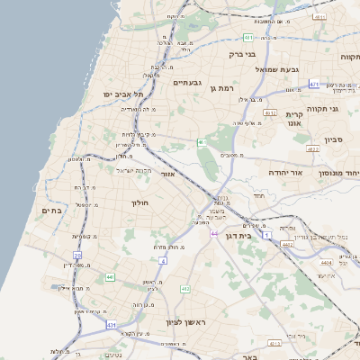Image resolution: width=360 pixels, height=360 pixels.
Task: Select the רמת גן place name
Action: tap(220, 87)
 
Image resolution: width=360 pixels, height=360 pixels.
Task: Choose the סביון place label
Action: tap(335, 141)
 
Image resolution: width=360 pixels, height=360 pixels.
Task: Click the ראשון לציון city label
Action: tap(186, 322)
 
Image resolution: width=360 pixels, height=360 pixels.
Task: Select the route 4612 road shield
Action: tap(270, 113)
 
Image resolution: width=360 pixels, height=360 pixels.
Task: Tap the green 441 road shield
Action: tap(110, 278)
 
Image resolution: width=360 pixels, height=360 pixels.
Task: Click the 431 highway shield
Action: tap(112, 323)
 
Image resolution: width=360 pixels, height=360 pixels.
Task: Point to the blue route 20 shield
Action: tap(77, 256)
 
